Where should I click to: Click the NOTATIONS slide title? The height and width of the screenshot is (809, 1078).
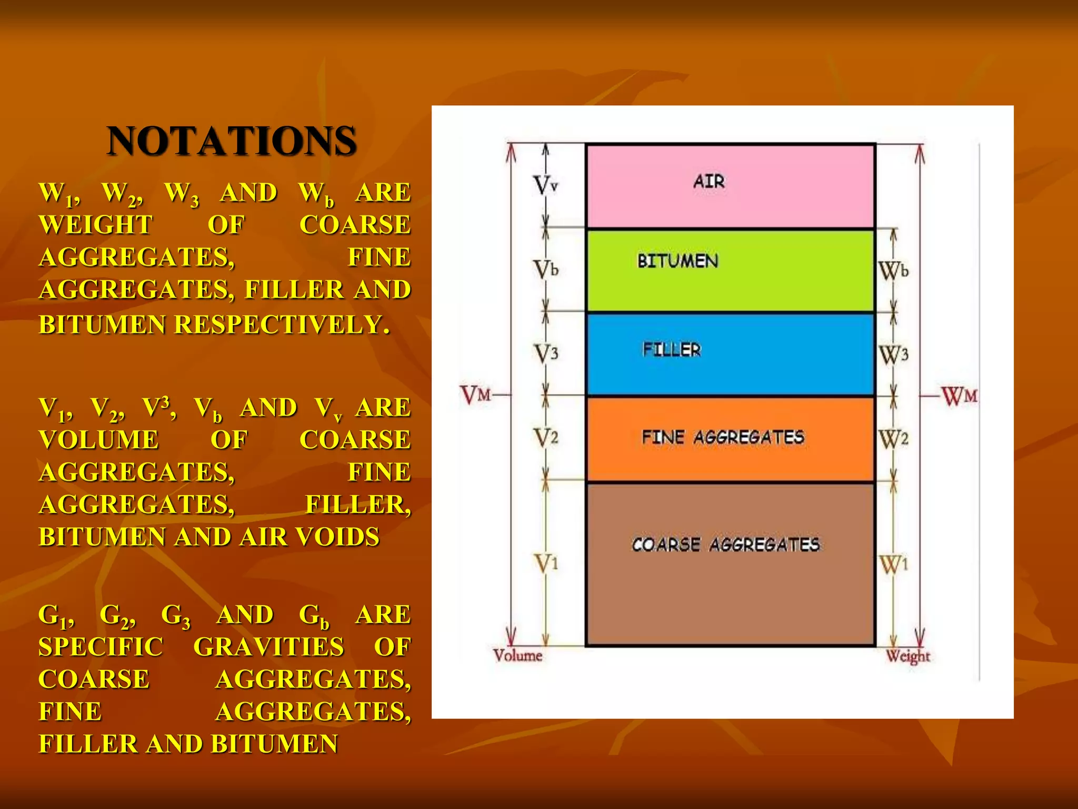click(232, 141)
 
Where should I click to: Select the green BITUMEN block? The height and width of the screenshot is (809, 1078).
click(731, 270)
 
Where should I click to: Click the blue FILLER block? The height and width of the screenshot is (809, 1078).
click(731, 354)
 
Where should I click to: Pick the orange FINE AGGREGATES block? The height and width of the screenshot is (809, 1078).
click(731, 439)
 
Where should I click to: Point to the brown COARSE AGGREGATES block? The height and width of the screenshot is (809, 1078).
click(731, 564)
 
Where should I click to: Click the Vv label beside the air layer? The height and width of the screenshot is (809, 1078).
click(545, 185)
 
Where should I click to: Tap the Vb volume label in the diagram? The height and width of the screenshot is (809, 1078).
click(545, 270)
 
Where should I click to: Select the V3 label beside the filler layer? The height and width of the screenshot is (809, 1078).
click(546, 353)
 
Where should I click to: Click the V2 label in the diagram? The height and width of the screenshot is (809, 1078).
click(546, 437)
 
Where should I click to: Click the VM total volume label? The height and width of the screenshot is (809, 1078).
click(476, 394)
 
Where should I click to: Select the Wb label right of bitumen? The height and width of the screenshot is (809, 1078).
click(894, 271)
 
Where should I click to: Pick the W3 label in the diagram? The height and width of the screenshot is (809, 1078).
click(894, 355)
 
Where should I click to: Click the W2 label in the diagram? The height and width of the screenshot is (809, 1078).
click(894, 439)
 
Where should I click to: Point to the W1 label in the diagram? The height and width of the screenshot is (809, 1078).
click(894, 565)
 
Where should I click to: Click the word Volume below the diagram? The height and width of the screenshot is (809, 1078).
click(517, 656)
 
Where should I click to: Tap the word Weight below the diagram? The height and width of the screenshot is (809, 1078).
click(908, 656)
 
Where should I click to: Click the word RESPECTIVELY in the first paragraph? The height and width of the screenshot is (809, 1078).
click(282, 324)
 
